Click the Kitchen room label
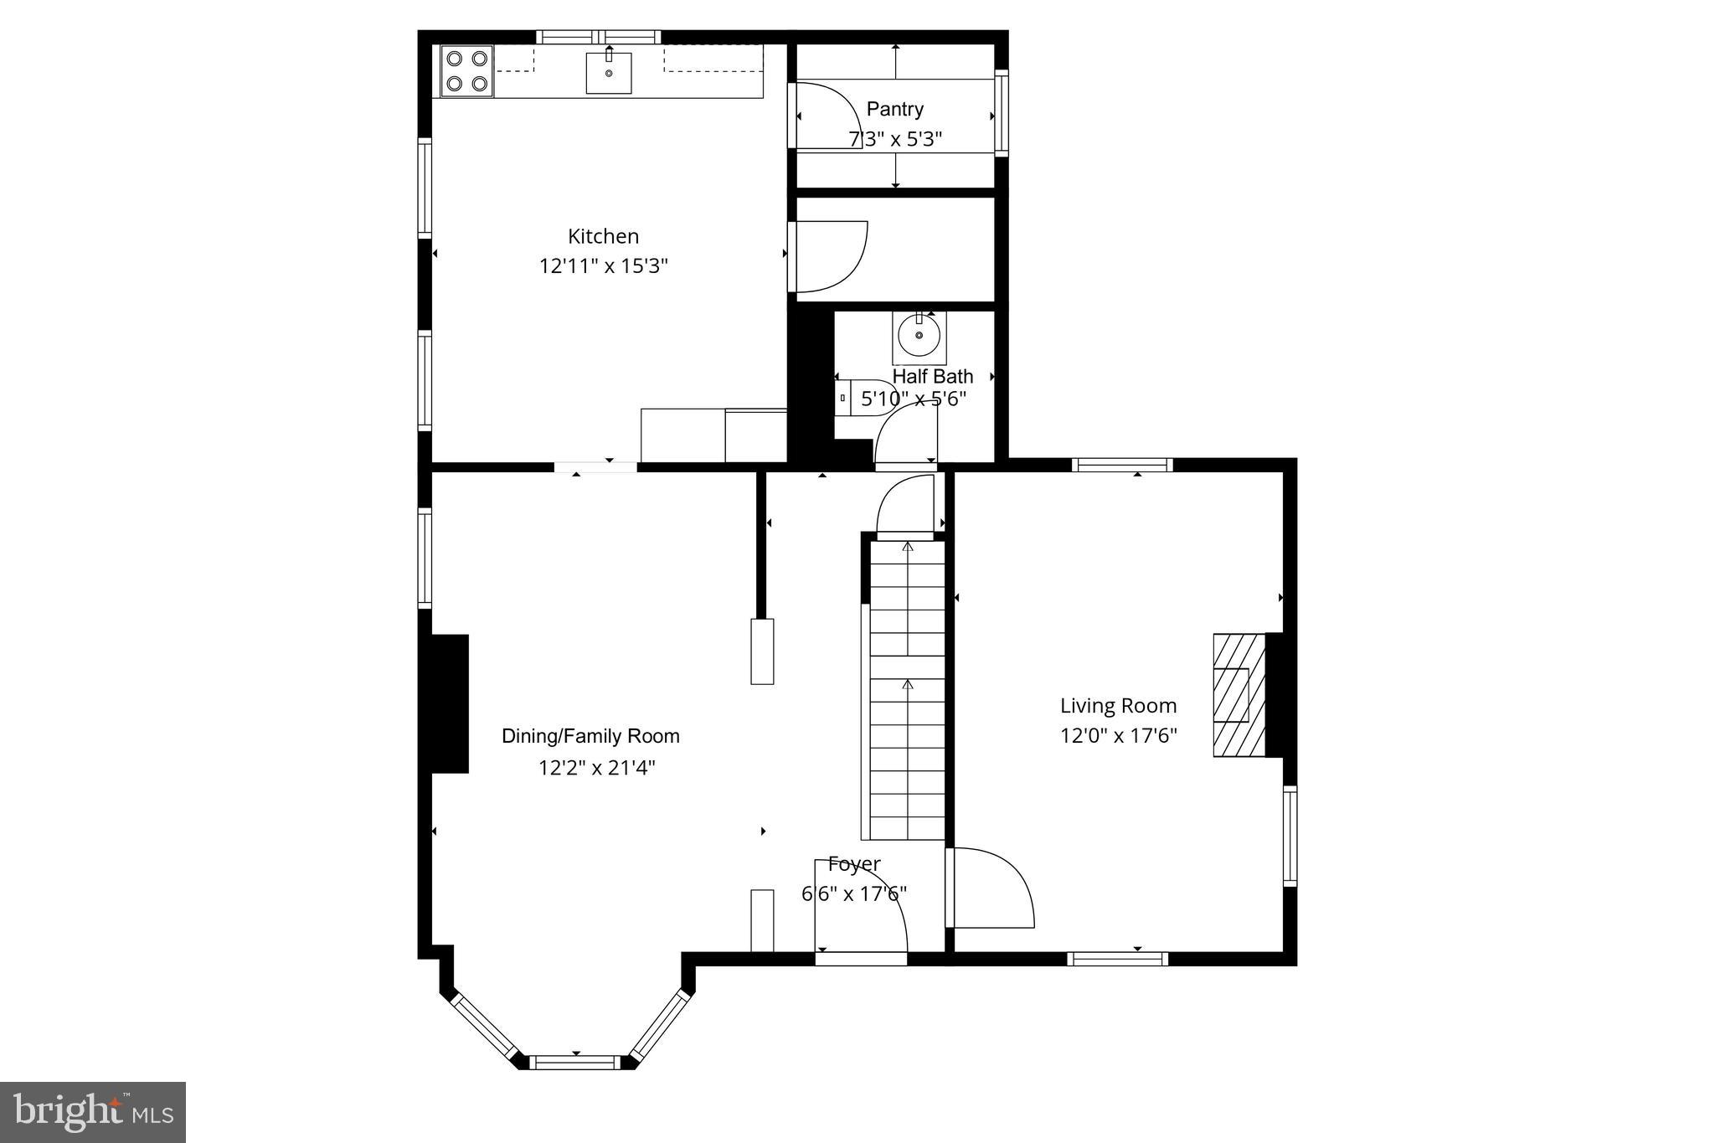[x=603, y=236]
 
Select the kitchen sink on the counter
[x=609, y=73]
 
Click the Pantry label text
[x=894, y=109]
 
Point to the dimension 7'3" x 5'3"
[x=895, y=139]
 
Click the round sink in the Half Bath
[x=919, y=337]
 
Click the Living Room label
[x=1118, y=706]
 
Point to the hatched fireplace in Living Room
[x=1239, y=695]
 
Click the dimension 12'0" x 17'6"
[x=1118, y=736]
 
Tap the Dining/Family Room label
[x=590, y=736]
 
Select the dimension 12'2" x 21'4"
[x=596, y=768]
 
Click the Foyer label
[x=853, y=863]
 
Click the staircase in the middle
[x=907, y=691]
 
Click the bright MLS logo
[x=93, y=1112]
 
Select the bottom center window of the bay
[x=576, y=1062]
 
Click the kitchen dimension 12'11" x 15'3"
[x=603, y=266]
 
